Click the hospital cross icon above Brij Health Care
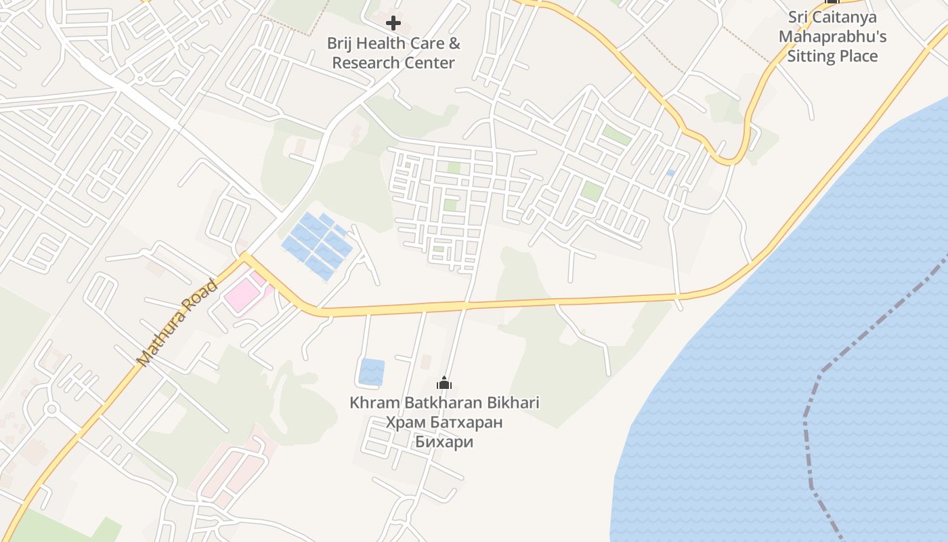click(x=393, y=24)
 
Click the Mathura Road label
click(x=177, y=323)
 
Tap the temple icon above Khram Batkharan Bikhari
click(x=444, y=383)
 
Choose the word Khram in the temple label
click(x=375, y=403)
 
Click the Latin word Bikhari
click(x=512, y=403)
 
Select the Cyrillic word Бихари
click(x=444, y=442)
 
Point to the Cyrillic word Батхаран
click(x=471, y=423)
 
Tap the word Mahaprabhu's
click(x=832, y=37)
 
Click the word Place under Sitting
click(x=858, y=56)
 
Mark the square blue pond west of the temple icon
click(x=371, y=372)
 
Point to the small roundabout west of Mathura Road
click(x=51, y=409)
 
